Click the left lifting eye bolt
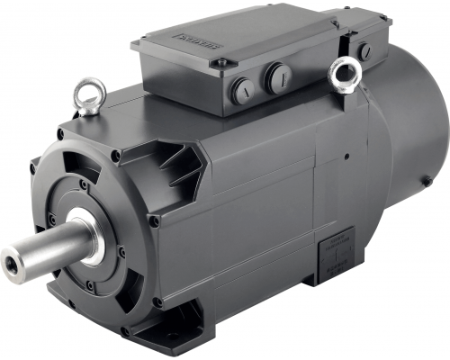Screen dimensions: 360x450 [90, 93]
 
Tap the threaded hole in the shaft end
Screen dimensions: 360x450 [12, 263]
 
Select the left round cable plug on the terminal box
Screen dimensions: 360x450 [241, 90]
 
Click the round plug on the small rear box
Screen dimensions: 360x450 [366, 50]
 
